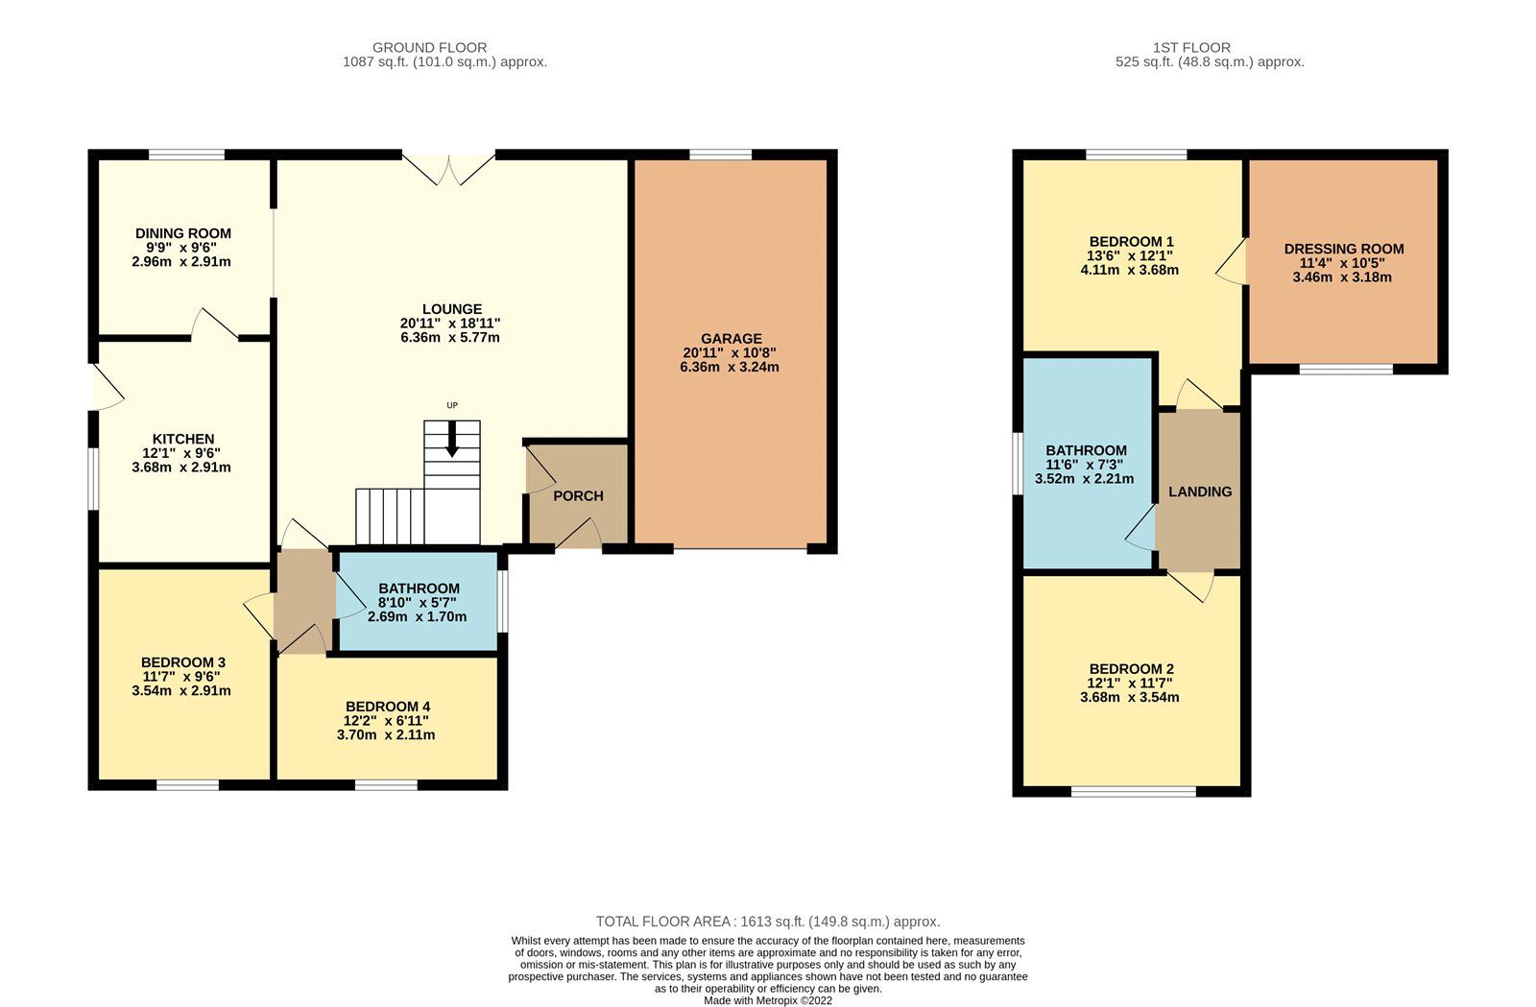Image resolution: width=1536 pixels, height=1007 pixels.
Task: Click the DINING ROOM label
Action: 182,233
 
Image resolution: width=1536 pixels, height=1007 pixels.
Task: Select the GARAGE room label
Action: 731,338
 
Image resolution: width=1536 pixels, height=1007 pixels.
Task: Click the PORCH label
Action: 578,496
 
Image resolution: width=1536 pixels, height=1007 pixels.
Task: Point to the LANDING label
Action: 1199,492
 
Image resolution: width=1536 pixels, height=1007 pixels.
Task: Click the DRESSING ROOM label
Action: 1343,249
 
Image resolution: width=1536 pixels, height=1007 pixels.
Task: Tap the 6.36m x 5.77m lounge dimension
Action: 450,338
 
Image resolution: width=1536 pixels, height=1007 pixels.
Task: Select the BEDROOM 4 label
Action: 387,707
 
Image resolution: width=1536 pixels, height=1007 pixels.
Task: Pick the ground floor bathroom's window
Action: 503,601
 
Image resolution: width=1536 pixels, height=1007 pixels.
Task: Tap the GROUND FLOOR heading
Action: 429,47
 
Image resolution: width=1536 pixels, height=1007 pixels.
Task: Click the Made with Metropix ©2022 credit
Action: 767,1000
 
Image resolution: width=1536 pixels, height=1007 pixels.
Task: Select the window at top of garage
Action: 720,154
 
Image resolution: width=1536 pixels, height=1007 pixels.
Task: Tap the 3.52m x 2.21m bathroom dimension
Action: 1084,479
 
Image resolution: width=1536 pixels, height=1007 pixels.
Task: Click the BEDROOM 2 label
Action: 1130,669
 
